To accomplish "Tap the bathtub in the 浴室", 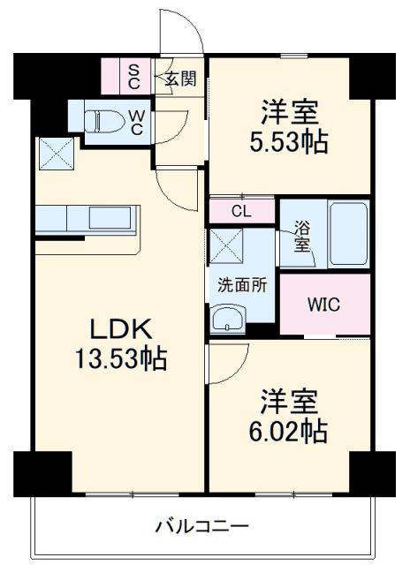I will tap(346, 234).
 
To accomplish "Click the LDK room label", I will tap(124, 330).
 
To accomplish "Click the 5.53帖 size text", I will tap(288, 142).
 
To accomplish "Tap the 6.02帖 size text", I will tap(288, 431).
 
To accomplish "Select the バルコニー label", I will tap(203, 528).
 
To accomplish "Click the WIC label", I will tap(323, 305).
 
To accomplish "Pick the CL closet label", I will tap(241, 211).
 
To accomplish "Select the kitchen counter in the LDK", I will tap(87, 220).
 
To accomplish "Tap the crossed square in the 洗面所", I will tap(226, 246).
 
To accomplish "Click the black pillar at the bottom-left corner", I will tap(42, 473).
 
